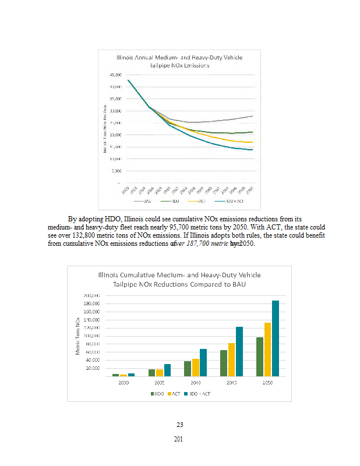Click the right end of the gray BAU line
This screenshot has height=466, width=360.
[252, 116]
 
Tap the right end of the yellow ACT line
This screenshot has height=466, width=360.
[252, 142]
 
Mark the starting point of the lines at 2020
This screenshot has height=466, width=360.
[128, 80]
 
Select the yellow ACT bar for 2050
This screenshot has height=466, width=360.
[268, 349]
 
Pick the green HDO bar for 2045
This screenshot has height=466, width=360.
[223, 363]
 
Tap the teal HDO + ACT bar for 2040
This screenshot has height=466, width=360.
[203, 362]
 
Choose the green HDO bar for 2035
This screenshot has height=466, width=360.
[151, 372]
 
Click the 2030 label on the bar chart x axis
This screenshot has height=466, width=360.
[123, 383]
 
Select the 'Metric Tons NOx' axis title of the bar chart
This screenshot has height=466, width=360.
[77, 336]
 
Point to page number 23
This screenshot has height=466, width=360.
[179, 424]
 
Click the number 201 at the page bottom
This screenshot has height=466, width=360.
[179, 439]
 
